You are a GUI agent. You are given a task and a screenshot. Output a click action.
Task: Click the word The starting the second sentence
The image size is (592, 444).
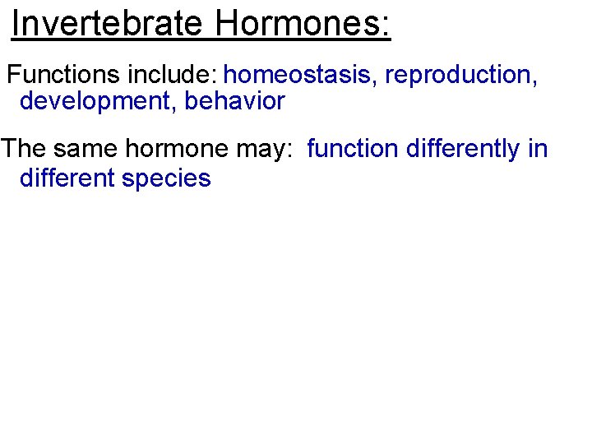(x=23, y=150)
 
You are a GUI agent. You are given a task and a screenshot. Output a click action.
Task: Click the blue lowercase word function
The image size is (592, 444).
(x=353, y=150)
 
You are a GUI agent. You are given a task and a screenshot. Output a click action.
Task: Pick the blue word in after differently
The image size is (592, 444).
(x=539, y=150)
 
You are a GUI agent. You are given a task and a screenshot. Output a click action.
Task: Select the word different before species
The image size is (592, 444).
(x=68, y=178)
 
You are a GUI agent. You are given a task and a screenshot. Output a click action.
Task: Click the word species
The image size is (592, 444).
(x=167, y=179)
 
